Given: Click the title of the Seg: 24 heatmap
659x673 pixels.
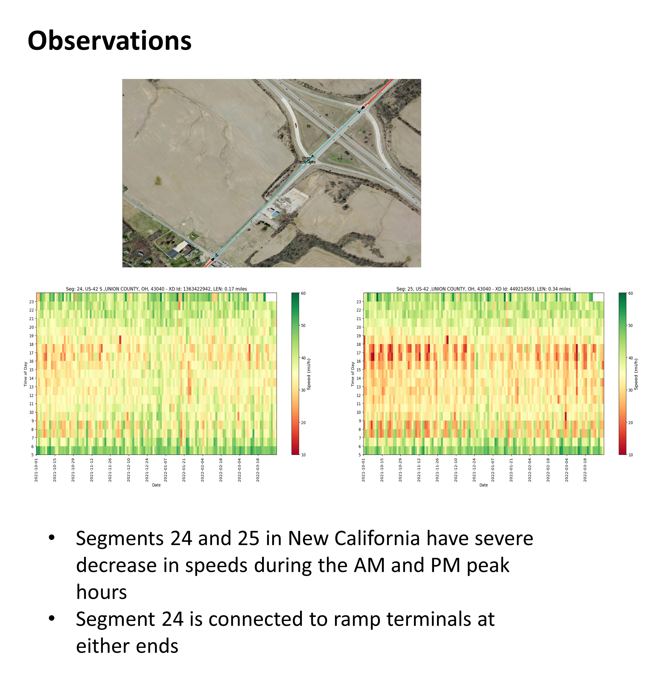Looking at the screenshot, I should pyautogui.click(x=156, y=289).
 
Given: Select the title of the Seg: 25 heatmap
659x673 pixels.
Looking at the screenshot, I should pyautogui.click(x=483, y=289).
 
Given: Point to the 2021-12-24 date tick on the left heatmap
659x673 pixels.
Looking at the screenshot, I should pyautogui.click(x=147, y=470).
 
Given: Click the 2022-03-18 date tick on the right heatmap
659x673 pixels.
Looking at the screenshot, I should pyautogui.click(x=585, y=470).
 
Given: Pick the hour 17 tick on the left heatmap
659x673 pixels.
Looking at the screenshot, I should pyautogui.click(x=31, y=353).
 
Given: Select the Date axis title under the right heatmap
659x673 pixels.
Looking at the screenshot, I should pyautogui.click(x=483, y=485).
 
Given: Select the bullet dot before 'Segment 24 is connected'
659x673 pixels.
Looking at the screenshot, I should pyautogui.click(x=52, y=618).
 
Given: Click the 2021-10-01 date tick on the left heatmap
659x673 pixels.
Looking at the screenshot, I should pyautogui.click(x=36, y=470).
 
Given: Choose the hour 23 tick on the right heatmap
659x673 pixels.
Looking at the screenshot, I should pyautogui.click(x=359, y=302).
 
